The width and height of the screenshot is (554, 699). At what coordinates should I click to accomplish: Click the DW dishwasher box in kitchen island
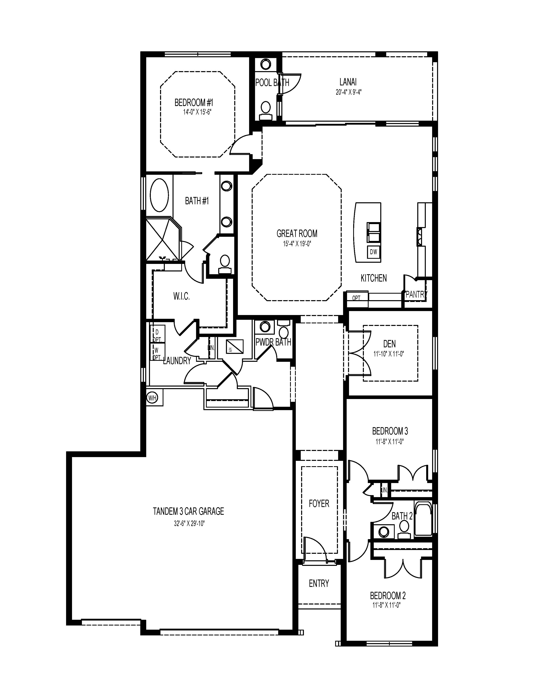pyautogui.click(x=373, y=252)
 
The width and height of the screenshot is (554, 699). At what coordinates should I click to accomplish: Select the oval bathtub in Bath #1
pyautogui.click(x=159, y=196)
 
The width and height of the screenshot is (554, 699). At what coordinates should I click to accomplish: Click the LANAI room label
pyautogui.click(x=348, y=82)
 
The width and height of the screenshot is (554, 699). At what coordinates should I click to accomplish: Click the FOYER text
pyautogui.click(x=319, y=503)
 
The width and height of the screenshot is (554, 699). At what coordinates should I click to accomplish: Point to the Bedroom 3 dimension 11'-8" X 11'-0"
pyautogui.click(x=390, y=442)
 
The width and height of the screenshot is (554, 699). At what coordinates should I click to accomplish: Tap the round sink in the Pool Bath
pyautogui.click(x=266, y=64)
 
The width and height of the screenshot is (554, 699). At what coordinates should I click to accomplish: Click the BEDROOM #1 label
pyautogui.click(x=194, y=103)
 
